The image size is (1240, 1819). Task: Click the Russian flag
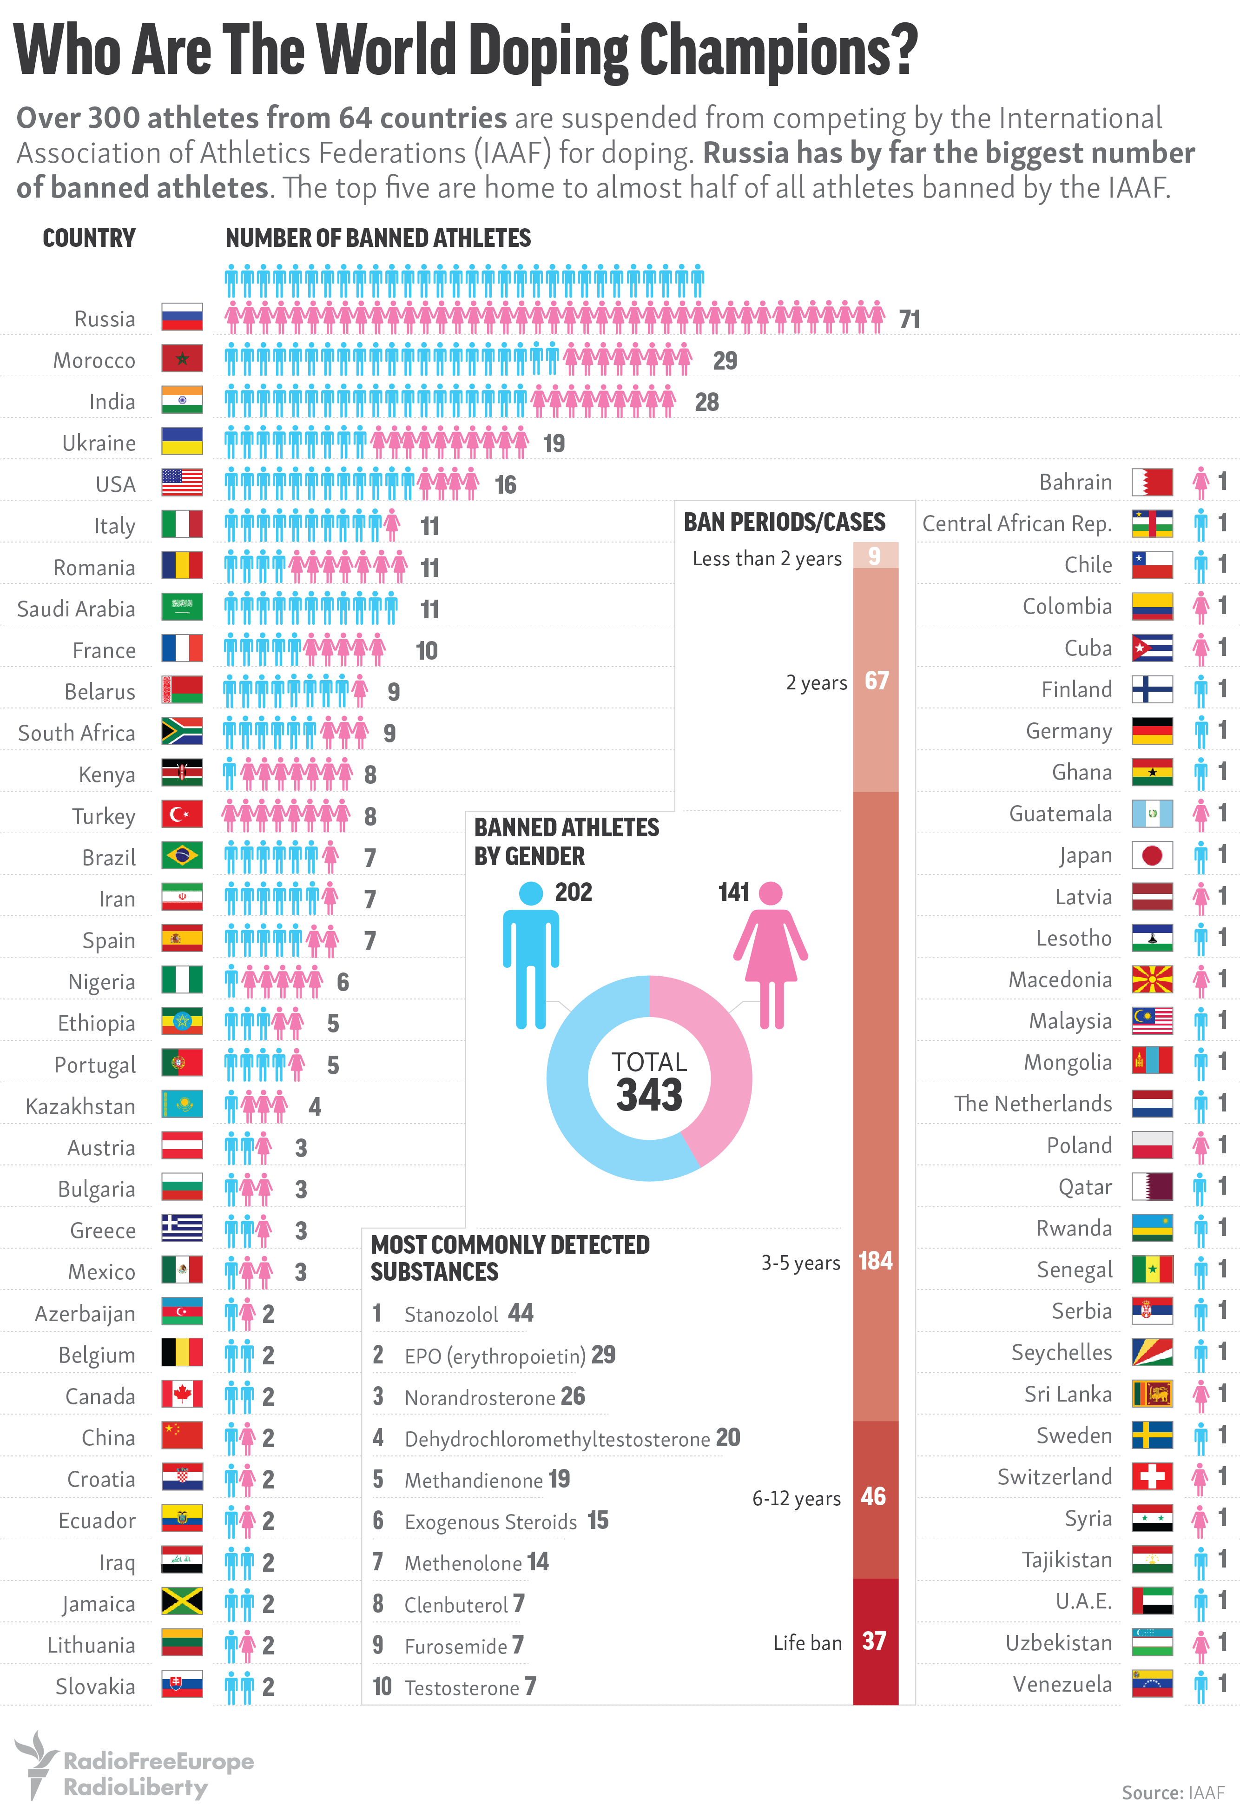click(x=182, y=317)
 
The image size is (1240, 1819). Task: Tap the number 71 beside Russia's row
click(x=909, y=319)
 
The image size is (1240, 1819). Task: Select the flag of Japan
click(x=1152, y=855)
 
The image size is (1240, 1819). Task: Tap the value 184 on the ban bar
click(x=875, y=1261)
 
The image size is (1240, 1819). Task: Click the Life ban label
click(x=807, y=1643)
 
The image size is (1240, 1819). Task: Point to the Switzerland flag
click(x=1152, y=1477)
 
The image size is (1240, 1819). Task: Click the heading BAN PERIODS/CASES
click(x=784, y=522)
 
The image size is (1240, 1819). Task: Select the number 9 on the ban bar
click(x=875, y=556)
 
